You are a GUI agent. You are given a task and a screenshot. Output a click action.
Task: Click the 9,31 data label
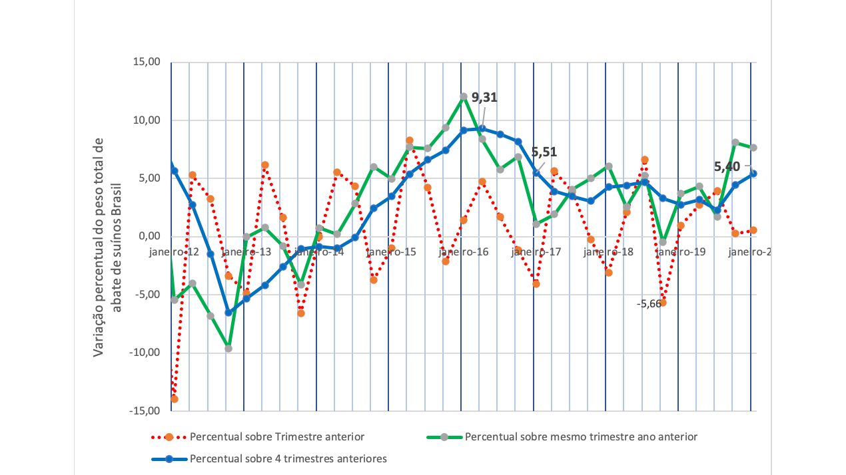[x=484, y=98]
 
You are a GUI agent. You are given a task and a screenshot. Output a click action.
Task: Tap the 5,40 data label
[x=727, y=166]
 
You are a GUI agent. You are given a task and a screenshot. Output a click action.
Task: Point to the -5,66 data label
[x=649, y=303]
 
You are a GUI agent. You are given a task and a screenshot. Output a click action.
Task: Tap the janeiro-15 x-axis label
[x=391, y=252]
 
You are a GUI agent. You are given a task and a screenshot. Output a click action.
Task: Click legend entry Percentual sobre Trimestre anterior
[x=276, y=437]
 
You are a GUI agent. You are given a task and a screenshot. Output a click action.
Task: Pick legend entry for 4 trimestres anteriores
[x=288, y=458]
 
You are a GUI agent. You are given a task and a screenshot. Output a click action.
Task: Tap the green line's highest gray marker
[x=464, y=96]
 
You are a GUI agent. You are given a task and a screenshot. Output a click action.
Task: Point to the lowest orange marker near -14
[x=175, y=398]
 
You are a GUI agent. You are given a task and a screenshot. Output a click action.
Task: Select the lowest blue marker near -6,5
[x=228, y=312]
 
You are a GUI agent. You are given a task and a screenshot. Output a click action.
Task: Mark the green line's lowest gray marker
[x=228, y=348]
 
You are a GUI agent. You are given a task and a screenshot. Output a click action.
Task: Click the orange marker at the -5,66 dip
[x=663, y=303]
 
